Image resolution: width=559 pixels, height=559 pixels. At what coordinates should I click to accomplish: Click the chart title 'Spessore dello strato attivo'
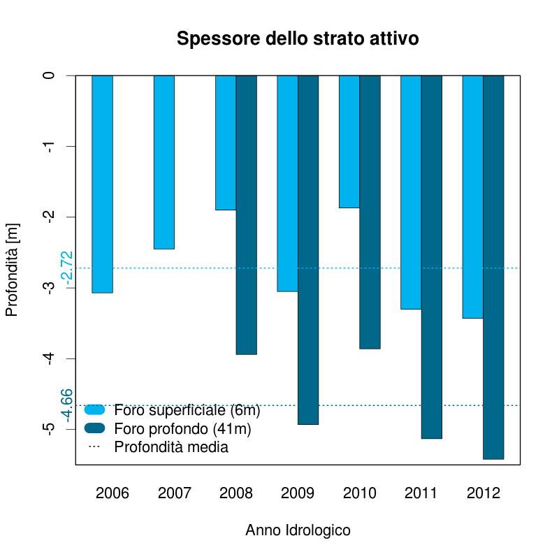pyautogui.click(x=298, y=38)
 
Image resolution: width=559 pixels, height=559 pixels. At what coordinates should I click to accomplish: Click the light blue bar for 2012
pyautogui.click(x=473, y=196)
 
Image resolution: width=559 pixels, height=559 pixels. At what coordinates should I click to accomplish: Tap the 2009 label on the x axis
pyautogui.click(x=298, y=493)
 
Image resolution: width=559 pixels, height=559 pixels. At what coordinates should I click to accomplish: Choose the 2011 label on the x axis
pyautogui.click(x=421, y=493)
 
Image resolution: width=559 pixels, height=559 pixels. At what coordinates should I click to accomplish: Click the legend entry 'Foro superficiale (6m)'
pyautogui.click(x=187, y=409)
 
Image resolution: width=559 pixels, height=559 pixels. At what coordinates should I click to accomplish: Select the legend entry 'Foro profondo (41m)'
pyautogui.click(x=182, y=428)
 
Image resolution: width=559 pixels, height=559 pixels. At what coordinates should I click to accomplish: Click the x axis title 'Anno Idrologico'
pyautogui.click(x=298, y=530)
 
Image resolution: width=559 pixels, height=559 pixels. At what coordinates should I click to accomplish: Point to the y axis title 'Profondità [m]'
pyautogui.click(x=12, y=270)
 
